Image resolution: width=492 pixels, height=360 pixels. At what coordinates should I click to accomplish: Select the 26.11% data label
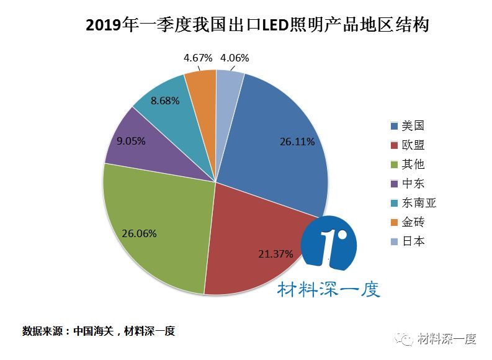pos(297,142)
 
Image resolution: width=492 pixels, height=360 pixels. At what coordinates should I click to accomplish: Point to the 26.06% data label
pos(138,234)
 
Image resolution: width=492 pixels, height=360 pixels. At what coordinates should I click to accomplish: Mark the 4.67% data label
pos(198,58)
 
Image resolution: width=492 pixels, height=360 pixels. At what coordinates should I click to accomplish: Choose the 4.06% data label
pos(235,58)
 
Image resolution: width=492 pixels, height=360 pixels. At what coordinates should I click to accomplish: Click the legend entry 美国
pos(407,126)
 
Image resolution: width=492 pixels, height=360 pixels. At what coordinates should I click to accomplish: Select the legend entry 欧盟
pos(407,145)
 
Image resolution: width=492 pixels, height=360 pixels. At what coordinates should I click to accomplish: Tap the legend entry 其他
pos(407,164)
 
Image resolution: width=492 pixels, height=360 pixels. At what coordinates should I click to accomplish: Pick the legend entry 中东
pos(407,184)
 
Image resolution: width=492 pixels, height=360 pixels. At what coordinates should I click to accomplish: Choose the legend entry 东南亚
pos(413,203)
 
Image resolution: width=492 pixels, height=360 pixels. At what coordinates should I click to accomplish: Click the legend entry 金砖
pos(407,222)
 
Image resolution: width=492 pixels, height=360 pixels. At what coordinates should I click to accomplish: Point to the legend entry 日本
pos(407,241)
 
